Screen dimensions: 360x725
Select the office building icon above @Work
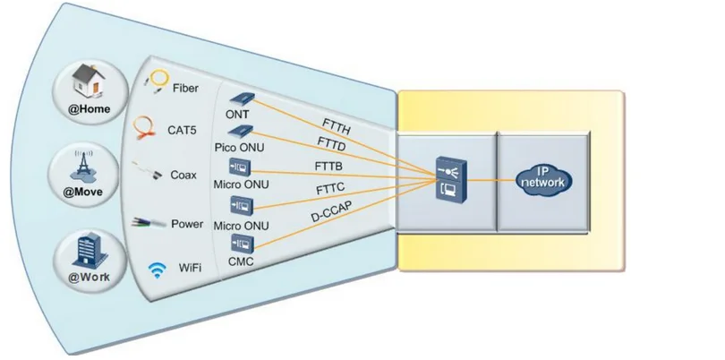(87, 247)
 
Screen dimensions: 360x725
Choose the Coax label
(183, 176)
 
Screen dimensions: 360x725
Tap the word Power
(187, 224)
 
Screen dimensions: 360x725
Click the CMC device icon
(243, 243)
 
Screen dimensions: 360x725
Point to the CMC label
(243, 262)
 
